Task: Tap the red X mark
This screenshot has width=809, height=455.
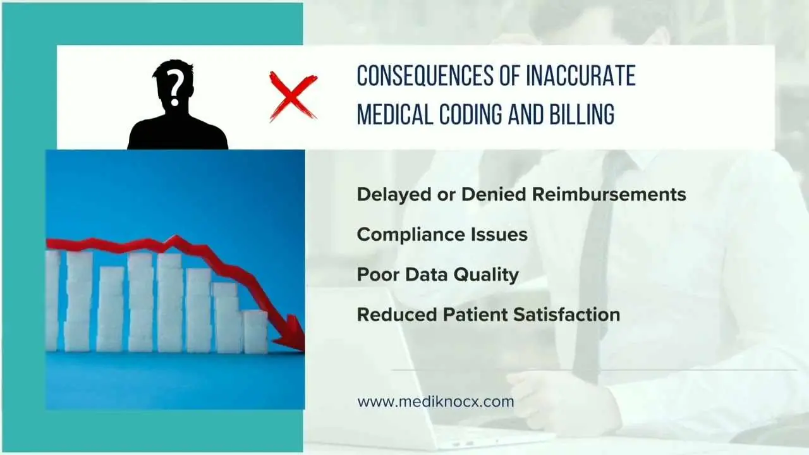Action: coord(293,96)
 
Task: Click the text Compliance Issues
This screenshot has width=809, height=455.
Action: coord(442,234)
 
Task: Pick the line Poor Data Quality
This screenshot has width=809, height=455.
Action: coord(437,274)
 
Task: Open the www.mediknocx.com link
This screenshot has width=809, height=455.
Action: coord(435,402)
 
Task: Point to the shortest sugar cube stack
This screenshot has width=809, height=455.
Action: coord(255,332)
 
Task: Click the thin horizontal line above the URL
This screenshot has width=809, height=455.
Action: coord(594,370)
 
